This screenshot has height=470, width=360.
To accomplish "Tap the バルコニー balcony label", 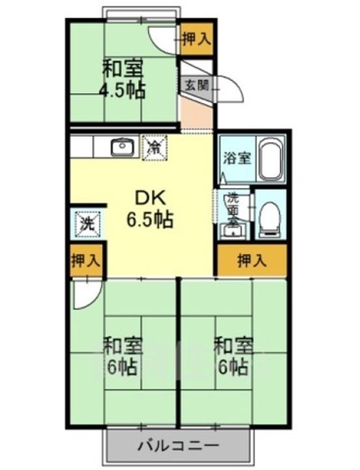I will tap(178, 448).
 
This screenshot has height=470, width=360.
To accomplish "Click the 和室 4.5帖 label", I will tap(121, 79).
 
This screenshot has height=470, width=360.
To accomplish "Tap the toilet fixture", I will tap(268, 219).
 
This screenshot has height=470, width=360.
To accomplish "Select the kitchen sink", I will tap(122, 147).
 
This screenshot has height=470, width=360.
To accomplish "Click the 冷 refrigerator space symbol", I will tap(155, 146).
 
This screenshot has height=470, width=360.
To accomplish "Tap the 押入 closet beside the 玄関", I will tap(196, 39).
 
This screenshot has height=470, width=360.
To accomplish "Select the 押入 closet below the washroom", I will tap(251, 261).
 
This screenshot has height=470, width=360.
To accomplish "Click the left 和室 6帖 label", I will tap(121, 356).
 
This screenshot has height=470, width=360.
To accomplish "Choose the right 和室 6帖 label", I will tap(232, 356).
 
